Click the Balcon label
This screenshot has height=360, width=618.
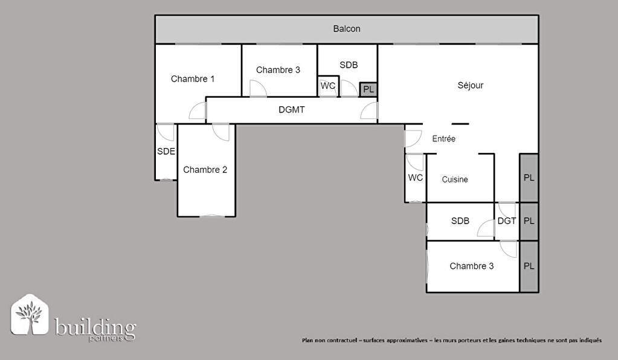346,29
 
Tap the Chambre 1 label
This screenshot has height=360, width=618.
193,79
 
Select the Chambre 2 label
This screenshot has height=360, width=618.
205,170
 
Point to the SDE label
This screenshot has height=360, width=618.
166,151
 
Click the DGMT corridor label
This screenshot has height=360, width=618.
292,110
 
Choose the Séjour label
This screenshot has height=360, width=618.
470,85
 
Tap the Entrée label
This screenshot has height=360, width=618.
444,139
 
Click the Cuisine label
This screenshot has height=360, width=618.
455,179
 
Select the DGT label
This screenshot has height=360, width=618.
506,221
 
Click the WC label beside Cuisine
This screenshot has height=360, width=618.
416,178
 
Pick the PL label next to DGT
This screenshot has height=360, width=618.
529,221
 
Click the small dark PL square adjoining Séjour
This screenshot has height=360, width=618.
369,89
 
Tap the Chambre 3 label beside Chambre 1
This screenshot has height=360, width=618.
278,70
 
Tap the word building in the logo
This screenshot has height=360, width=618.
95,327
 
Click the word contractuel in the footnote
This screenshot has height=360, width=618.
343,340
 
